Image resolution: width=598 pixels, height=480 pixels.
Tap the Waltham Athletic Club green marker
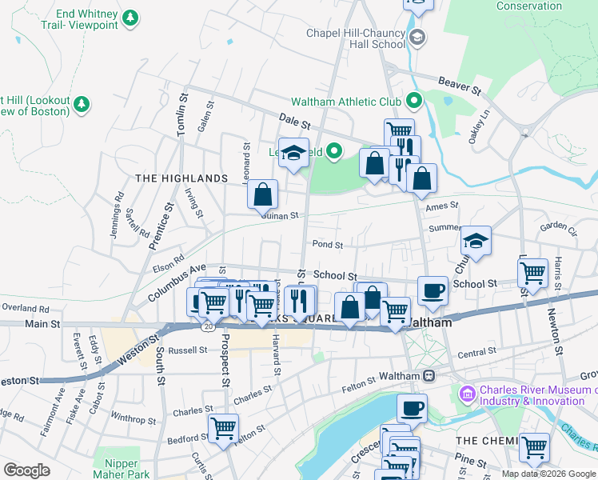tap(413, 102)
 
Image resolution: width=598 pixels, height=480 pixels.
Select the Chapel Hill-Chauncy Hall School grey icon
tap(417, 38)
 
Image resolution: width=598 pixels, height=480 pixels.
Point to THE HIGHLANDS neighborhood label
tap(181, 178)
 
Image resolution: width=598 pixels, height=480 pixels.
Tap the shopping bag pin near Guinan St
tap(262, 194)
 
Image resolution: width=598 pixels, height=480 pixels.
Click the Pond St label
tap(328, 245)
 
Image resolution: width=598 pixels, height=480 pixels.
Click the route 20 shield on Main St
tap(209, 327)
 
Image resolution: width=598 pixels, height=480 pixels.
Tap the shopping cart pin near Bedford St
tap(223, 427)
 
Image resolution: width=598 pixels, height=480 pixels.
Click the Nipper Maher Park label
tap(122, 469)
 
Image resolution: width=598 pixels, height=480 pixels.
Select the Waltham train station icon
tap(429, 376)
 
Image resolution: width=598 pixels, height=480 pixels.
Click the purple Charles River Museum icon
tap(467, 394)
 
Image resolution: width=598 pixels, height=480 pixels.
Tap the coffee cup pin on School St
tap(433, 291)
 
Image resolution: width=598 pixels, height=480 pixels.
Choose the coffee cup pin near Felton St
tap(412, 409)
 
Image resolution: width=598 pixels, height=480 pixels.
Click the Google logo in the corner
tap(26, 470)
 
